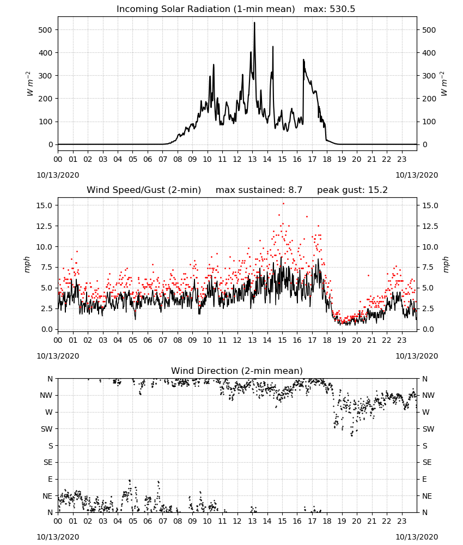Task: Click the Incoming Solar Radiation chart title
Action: point(173,9)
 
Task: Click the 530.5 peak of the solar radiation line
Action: point(254,23)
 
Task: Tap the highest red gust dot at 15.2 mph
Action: point(283,204)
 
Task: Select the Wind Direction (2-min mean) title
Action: point(236,371)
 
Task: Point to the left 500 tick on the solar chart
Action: point(45,30)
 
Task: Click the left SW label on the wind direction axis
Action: point(46,429)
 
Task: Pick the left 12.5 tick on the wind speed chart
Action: point(44,226)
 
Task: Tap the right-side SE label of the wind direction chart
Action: point(427,463)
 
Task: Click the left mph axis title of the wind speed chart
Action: point(27,264)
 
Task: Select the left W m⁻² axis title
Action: point(29,84)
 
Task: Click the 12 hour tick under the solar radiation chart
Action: point(237,159)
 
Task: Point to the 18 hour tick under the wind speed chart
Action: point(327,340)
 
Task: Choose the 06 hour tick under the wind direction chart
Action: point(148,521)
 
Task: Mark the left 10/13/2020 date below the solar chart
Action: point(58,175)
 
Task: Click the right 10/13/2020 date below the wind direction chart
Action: point(417,537)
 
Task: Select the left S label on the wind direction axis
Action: point(50,446)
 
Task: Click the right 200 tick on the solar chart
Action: point(429,99)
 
